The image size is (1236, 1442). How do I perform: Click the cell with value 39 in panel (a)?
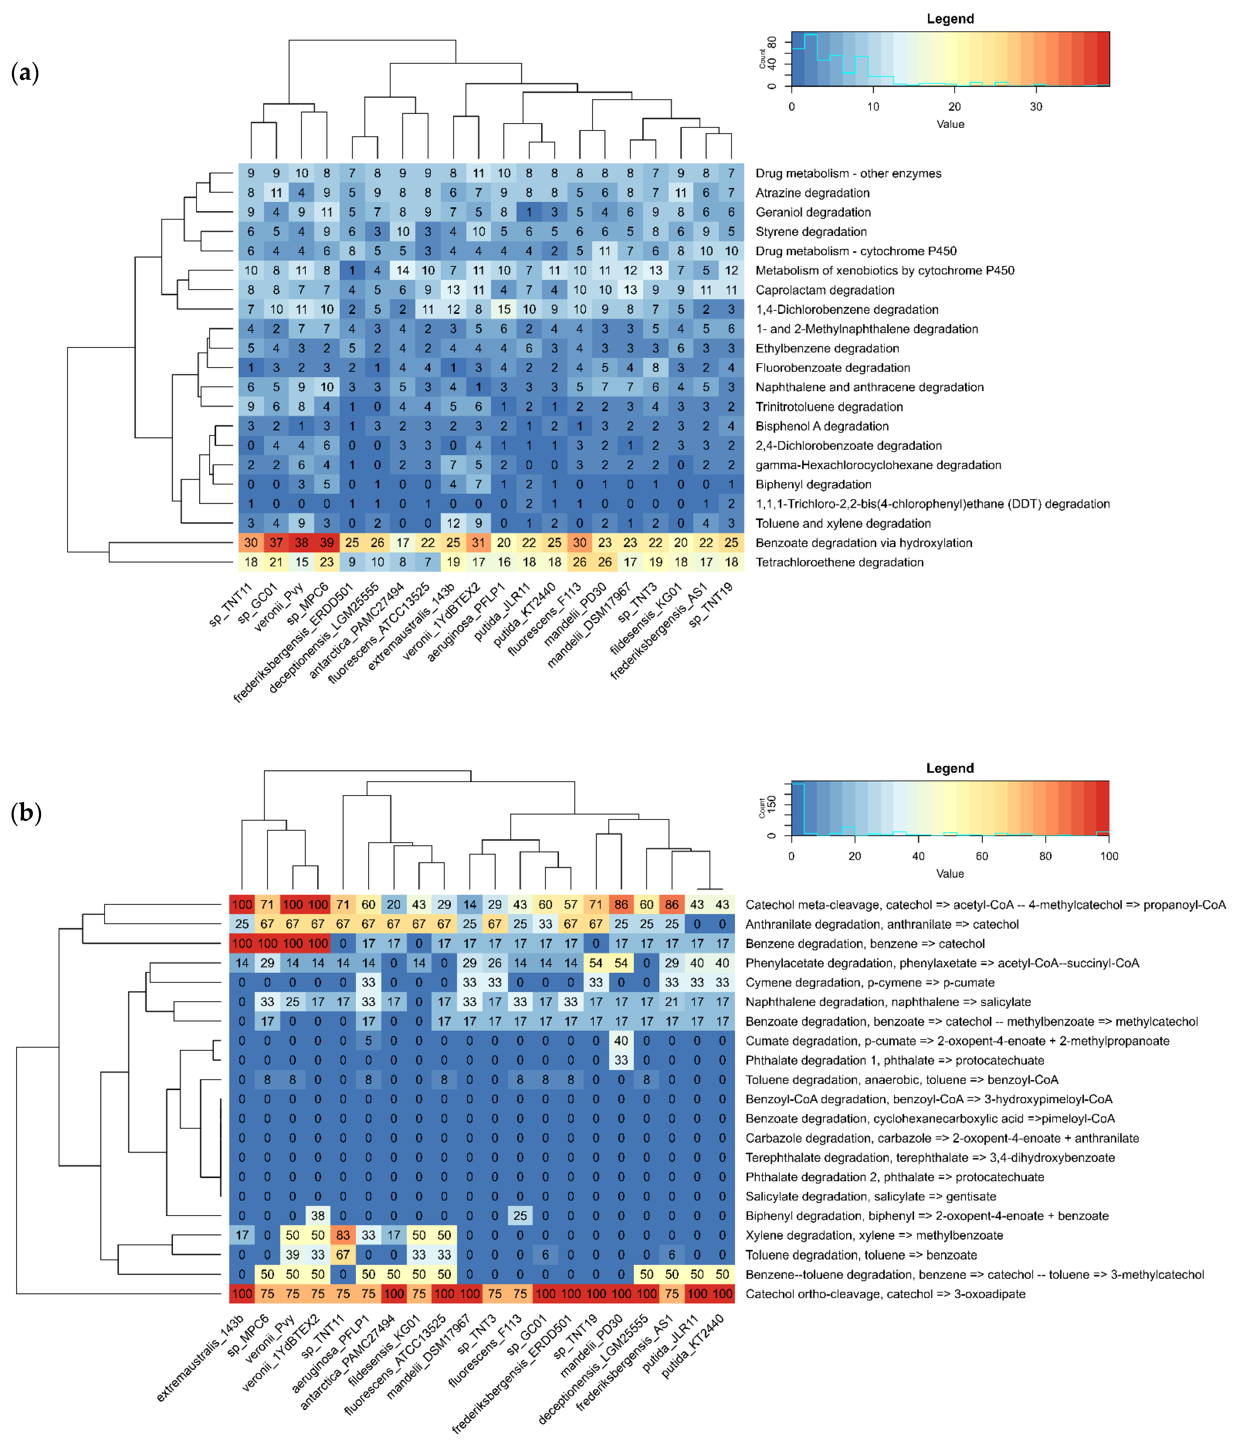point(326,543)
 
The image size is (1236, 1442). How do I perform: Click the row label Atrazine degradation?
point(812,193)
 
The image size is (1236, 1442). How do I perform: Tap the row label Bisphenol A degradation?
point(822,426)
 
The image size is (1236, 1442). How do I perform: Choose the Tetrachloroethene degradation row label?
point(839,562)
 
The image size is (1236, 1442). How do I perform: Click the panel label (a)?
point(25,72)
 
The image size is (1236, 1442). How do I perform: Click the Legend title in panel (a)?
point(950,19)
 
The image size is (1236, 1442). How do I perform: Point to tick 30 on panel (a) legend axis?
point(1036,107)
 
